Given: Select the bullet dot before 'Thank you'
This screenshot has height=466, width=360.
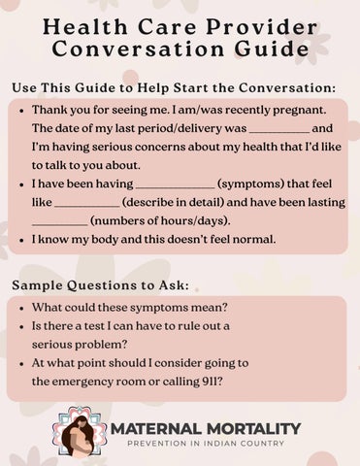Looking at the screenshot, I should click(21, 112).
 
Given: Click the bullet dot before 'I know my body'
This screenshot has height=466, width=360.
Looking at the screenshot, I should click(21, 238).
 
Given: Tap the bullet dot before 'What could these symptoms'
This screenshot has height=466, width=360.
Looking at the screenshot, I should click(21, 308).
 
